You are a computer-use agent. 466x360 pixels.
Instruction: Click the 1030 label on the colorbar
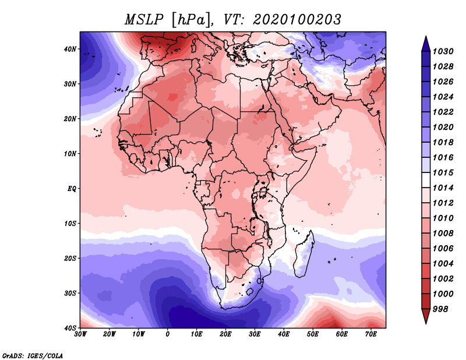(x=443, y=51)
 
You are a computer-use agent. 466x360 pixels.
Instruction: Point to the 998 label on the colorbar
(x=440, y=309)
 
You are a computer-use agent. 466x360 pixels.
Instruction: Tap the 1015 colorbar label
(x=443, y=172)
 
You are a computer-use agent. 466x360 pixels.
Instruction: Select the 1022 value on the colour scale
(x=443, y=112)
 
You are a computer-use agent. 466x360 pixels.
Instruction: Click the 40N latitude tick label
(x=70, y=49)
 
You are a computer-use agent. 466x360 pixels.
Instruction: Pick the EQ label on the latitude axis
(x=72, y=189)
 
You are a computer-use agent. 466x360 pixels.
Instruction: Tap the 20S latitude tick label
(x=70, y=258)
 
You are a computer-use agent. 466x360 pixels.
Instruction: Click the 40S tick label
(x=70, y=328)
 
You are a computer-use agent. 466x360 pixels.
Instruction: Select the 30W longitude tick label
(x=80, y=334)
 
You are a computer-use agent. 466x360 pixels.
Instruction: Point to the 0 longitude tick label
(x=168, y=334)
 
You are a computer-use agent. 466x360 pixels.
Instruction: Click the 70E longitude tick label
(x=370, y=334)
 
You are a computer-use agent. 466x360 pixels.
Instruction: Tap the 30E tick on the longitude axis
(x=255, y=334)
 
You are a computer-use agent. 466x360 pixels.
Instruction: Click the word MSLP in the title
(x=144, y=20)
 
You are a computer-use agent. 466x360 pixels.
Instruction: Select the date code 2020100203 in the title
(x=297, y=20)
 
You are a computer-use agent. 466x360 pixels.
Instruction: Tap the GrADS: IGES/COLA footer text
(x=33, y=355)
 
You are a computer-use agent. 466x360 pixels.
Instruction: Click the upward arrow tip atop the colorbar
(x=426, y=36)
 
